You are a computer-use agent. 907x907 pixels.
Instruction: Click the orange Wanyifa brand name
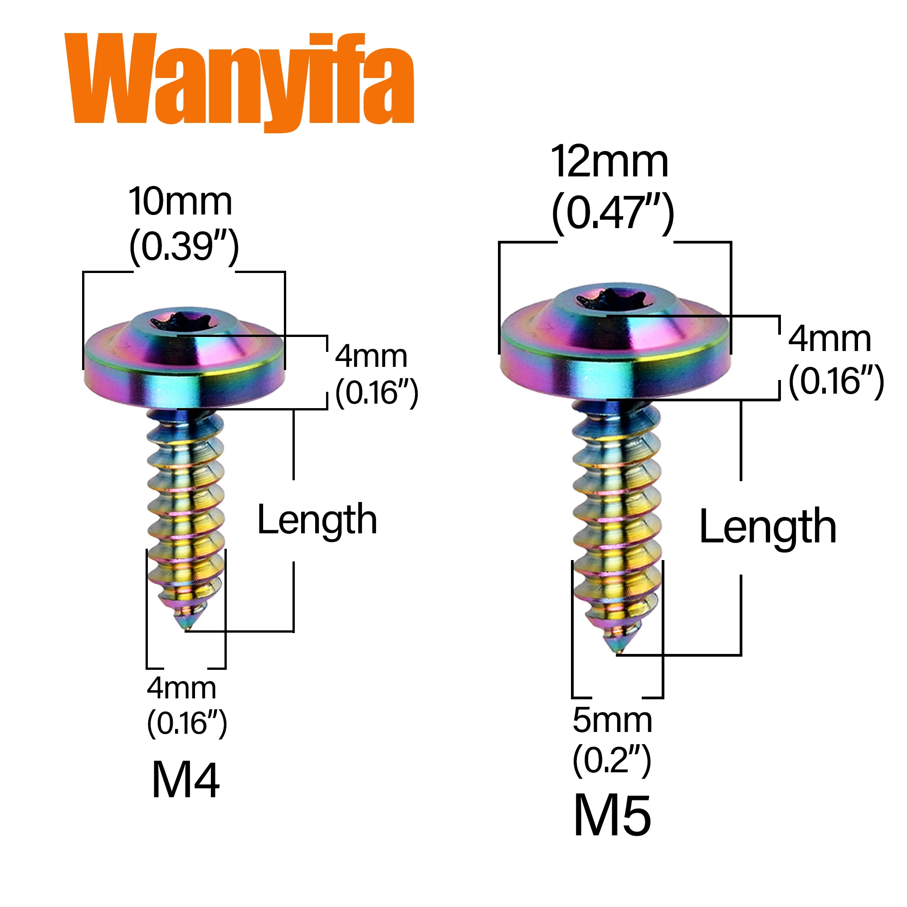(239, 80)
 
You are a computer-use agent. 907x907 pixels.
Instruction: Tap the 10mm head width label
(180, 202)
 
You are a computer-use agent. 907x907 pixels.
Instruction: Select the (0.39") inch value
(184, 246)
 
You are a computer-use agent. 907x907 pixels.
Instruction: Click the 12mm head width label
(610, 162)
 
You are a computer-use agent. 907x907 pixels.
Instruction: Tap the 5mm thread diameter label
(612, 720)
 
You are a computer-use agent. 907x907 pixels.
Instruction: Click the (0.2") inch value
(612, 760)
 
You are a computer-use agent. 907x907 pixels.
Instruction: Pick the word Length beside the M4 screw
(317, 520)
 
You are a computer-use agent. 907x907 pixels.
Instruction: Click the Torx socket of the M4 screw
(181, 322)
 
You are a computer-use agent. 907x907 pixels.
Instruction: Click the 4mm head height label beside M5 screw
(829, 339)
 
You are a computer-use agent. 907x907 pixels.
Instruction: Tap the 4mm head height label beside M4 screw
(371, 356)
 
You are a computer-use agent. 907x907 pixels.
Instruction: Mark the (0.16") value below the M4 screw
(187, 723)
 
